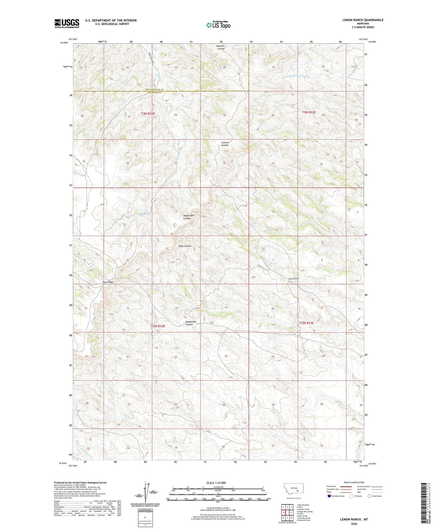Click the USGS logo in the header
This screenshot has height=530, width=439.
[x=67, y=23]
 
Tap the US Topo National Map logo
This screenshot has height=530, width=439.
[x=218, y=25]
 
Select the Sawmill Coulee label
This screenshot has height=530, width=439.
[x=220, y=47]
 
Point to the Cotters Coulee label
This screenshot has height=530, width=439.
[x=225, y=144]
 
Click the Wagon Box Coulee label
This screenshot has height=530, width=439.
[x=188, y=217]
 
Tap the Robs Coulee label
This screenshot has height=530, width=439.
[x=185, y=246]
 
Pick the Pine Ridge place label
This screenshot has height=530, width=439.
[x=108, y=282]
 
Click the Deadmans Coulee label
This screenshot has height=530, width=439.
[x=190, y=323]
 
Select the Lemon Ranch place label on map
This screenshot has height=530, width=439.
[x=294, y=279]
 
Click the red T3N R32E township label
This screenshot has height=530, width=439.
[x=148, y=114]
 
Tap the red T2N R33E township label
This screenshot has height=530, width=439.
[x=307, y=323]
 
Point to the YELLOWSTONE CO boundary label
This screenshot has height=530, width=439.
[x=154, y=90]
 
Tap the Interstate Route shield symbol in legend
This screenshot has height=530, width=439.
[x=329, y=496]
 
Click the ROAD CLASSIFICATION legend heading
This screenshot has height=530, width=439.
[x=354, y=482]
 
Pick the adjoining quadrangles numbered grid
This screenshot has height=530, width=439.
[x=287, y=513]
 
